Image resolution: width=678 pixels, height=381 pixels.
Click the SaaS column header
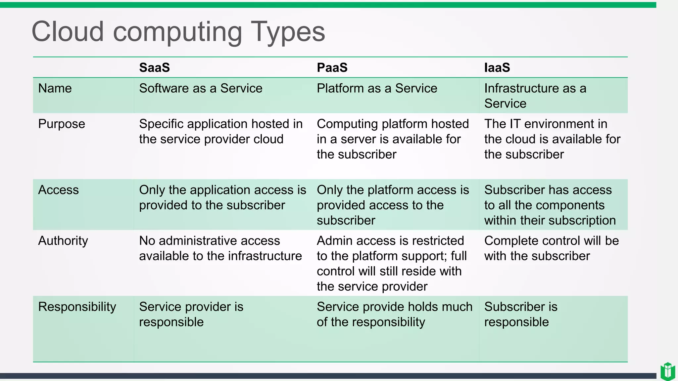[x=154, y=67]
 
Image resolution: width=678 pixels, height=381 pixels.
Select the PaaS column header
[x=332, y=67]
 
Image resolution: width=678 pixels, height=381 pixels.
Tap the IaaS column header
[x=497, y=67]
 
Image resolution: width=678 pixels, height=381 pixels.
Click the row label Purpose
[x=62, y=124]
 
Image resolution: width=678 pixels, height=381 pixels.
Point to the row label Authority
[x=63, y=241]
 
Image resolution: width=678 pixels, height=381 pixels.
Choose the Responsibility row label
[x=77, y=307]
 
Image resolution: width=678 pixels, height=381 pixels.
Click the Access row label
[x=58, y=190]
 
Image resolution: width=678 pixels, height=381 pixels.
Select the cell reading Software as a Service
[x=201, y=89]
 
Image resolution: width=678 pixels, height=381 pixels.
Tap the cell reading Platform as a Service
[x=377, y=89]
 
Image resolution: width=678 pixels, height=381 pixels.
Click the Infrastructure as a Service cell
[x=535, y=96]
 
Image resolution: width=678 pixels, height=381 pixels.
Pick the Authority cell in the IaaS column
[x=551, y=248]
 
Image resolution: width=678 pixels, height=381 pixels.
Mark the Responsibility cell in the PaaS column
[x=394, y=315]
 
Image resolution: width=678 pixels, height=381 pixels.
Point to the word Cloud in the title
[x=68, y=32]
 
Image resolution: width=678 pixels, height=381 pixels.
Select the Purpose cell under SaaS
[x=220, y=132]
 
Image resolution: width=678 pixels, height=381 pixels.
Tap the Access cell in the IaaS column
[x=550, y=205]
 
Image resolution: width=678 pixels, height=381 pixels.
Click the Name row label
[x=55, y=89]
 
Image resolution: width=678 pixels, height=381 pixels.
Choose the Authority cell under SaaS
[x=220, y=248]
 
